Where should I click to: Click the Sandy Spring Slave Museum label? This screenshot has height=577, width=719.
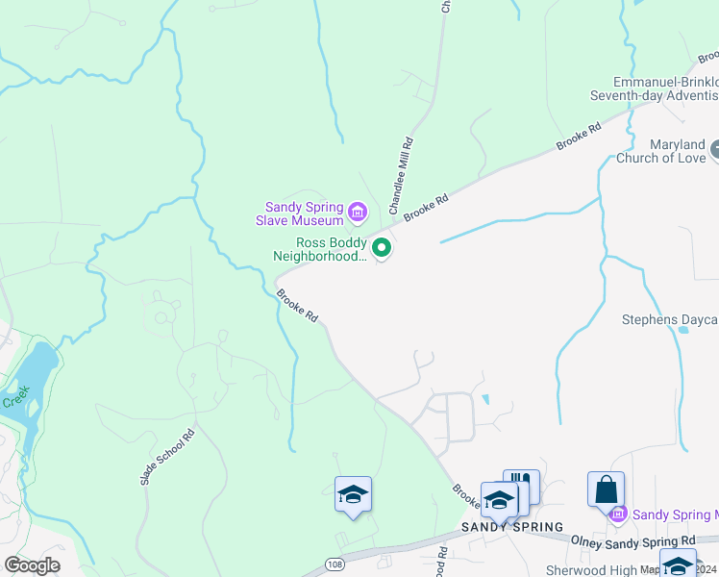click(305, 213)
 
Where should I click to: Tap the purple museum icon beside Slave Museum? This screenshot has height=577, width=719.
click(358, 211)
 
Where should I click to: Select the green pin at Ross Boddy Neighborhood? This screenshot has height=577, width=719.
click(382, 248)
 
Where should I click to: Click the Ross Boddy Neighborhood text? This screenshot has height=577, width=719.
click(319, 249)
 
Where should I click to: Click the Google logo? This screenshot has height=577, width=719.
click(32, 565)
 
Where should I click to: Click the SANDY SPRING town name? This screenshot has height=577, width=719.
click(511, 527)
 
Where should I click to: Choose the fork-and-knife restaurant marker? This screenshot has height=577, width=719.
click(521, 484)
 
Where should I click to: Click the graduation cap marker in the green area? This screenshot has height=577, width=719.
click(353, 494)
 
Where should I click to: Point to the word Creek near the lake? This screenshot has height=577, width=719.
click(15, 397)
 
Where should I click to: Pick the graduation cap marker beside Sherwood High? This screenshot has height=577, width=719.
click(678, 564)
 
